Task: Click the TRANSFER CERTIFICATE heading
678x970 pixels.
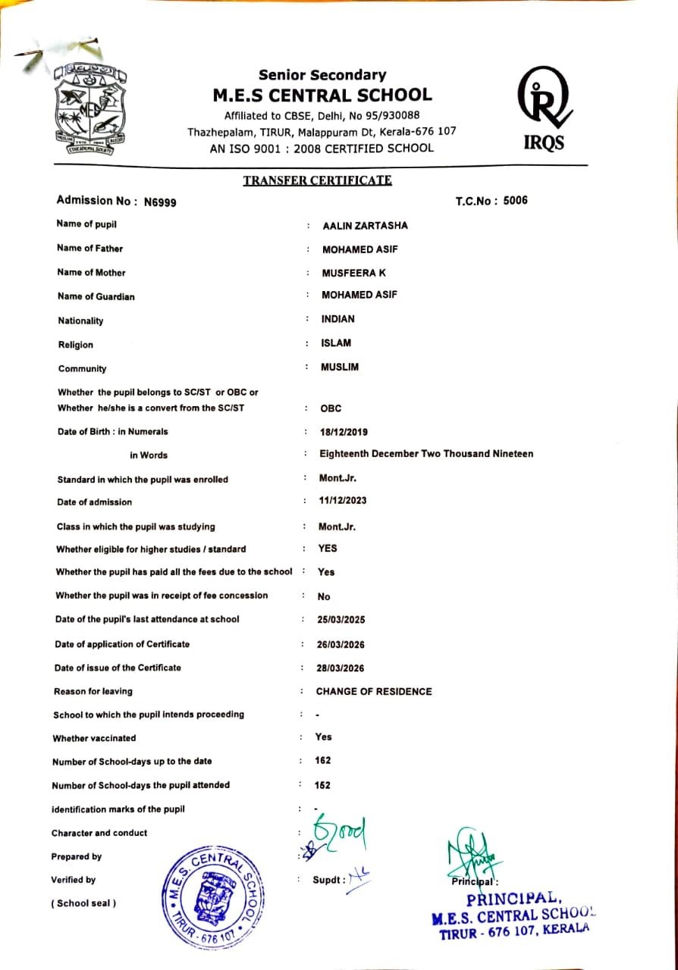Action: coord(317,180)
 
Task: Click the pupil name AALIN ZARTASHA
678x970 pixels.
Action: coord(365,226)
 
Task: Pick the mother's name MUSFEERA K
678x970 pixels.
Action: coord(353,273)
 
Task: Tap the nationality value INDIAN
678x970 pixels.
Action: coord(337,319)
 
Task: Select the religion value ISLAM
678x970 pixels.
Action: coord(336,343)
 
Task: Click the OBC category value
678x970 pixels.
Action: coord(331,408)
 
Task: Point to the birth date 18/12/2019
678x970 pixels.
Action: coord(345,432)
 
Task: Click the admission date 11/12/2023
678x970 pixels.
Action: coord(344,501)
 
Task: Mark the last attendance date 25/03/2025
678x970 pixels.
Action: coord(341,620)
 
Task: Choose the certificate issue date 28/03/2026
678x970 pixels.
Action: coord(341,668)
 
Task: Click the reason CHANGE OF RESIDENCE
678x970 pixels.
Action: coord(374,692)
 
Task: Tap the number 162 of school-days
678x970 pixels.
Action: coord(323,760)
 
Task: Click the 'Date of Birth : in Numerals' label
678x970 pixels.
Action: coord(112,432)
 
